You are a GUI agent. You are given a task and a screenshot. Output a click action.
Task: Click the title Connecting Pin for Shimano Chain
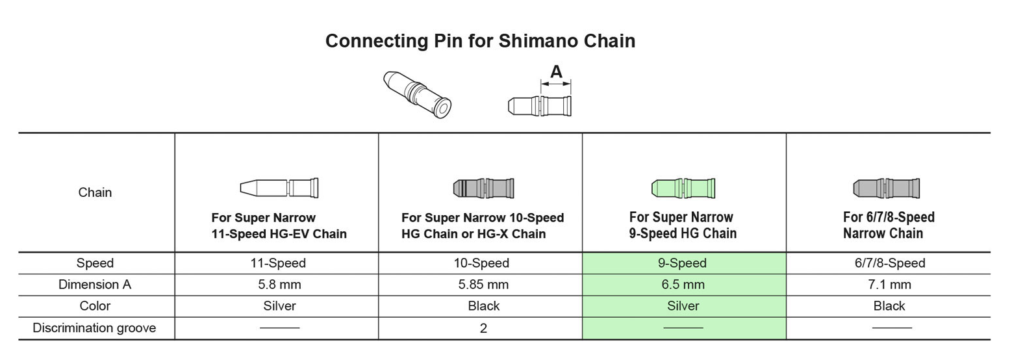(480, 41)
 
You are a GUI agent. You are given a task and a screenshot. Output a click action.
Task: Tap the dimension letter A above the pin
(556, 71)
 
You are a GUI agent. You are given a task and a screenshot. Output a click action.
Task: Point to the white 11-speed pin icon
(279, 188)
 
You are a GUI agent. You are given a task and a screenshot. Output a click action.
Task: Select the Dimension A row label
(95, 285)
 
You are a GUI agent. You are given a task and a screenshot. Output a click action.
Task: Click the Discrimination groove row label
(95, 328)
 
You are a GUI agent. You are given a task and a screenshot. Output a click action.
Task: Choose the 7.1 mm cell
(889, 285)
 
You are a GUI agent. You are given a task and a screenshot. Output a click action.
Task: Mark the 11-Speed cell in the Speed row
(279, 263)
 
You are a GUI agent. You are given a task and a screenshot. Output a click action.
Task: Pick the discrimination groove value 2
(483, 328)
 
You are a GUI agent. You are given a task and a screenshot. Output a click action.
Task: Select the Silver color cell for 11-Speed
(279, 306)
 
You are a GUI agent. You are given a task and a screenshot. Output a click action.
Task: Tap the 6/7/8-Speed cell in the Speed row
(889, 263)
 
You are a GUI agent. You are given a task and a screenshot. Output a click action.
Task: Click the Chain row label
(95, 192)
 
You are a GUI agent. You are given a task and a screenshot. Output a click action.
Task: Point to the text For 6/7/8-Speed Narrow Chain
(888, 225)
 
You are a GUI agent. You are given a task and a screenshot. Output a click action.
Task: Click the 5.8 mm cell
(279, 285)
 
